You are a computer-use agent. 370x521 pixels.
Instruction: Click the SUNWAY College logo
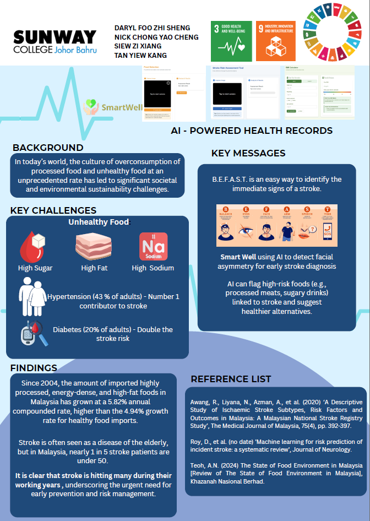(x=55, y=41)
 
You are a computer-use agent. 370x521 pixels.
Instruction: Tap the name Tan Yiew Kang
(x=140, y=56)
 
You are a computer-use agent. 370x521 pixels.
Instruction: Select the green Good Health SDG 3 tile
(x=230, y=41)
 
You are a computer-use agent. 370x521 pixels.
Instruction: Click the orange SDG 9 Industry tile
(x=275, y=41)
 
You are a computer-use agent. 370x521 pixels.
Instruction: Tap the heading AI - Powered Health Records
(x=252, y=131)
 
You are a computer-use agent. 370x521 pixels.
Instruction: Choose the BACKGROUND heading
(x=48, y=148)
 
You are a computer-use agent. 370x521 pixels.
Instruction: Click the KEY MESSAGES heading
(x=248, y=153)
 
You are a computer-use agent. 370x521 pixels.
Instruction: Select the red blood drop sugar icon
(x=35, y=246)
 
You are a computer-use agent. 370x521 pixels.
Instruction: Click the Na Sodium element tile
(x=153, y=246)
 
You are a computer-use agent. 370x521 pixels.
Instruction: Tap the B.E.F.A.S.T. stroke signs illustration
(x=277, y=225)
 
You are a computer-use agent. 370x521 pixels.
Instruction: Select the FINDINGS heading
(x=34, y=368)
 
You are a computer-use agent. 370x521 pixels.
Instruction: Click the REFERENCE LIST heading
(x=231, y=379)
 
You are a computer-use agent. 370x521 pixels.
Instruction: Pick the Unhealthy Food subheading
(x=99, y=222)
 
